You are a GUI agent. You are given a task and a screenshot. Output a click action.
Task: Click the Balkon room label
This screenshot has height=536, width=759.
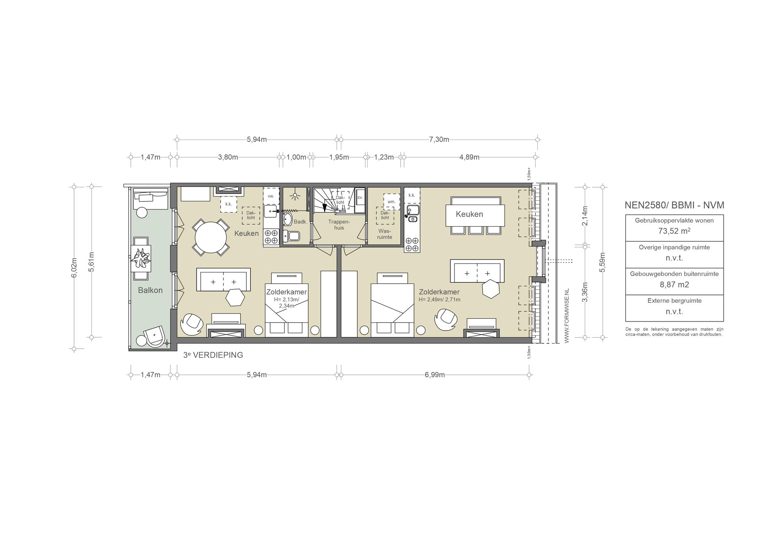(x=150, y=290)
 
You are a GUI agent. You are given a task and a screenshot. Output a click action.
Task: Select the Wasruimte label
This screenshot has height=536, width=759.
(x=384, y=234)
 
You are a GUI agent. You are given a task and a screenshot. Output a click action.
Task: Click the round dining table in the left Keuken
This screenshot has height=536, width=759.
(x=211, y=237)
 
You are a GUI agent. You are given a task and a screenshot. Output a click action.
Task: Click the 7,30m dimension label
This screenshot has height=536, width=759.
(x=439, y=140)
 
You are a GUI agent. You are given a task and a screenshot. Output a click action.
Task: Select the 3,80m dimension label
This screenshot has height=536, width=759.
(x=228, y=157)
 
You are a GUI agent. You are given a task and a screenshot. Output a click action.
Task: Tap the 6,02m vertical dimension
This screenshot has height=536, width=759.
(x=74, y=267)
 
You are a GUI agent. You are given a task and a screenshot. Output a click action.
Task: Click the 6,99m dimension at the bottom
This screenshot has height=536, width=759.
(x=435, y=375)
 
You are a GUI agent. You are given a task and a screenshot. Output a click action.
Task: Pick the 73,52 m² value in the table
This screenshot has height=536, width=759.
(x=674, y=231)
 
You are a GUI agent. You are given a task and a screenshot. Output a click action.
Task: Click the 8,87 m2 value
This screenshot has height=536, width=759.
(x=674, y=285)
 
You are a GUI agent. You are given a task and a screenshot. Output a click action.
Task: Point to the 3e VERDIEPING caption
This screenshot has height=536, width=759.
(x=213, y=355)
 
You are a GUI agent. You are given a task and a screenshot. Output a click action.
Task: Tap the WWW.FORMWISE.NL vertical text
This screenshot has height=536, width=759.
(x=567, y=316)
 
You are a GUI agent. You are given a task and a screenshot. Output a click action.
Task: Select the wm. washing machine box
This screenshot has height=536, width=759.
(x=392, y=202)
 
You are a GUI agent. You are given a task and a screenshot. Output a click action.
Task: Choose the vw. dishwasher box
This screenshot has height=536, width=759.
(x=271, y=196)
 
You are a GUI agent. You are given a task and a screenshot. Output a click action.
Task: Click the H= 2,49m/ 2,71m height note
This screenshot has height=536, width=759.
(x=440, y=299)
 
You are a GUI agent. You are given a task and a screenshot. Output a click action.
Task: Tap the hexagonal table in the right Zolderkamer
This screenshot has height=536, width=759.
(x=491, y=288)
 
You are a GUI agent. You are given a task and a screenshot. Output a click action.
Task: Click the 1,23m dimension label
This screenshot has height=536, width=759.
(x=384, y=157)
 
